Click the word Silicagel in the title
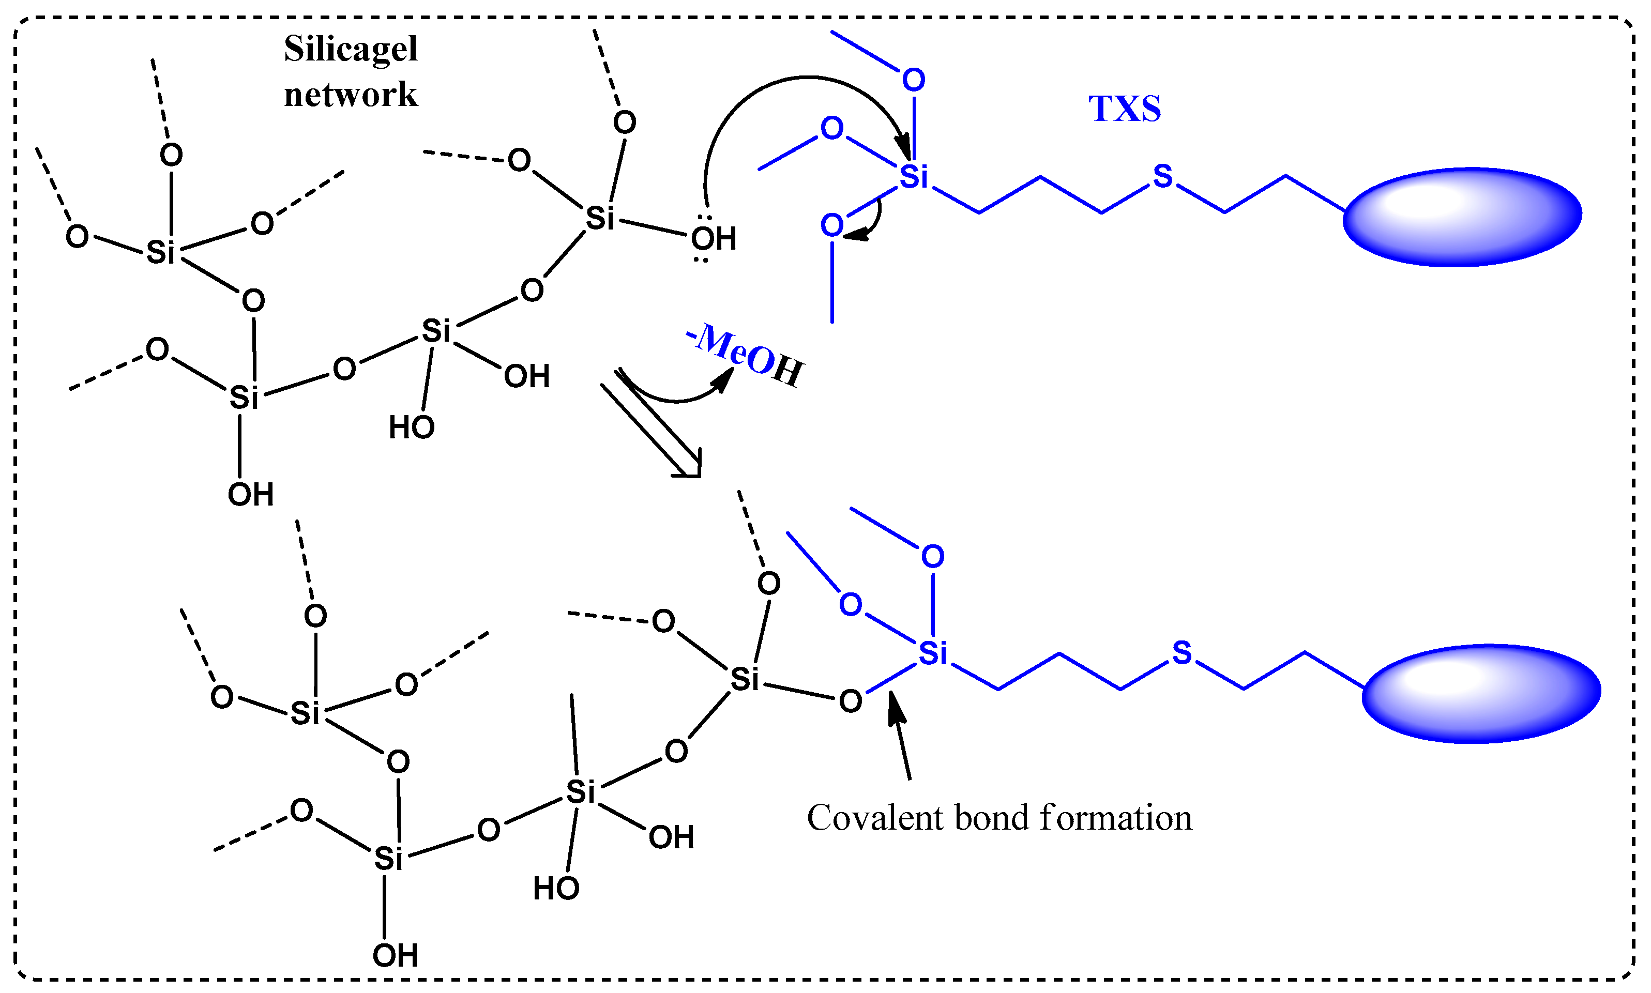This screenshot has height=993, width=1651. tap(351, 49)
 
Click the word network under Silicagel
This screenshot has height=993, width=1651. tap(351, 95)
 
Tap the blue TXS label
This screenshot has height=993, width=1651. tap(1124, 109)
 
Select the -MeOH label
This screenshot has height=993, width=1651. tap(745, 355)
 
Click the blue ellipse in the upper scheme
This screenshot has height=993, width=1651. tap(1462, 217)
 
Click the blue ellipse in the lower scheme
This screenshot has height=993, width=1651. tap(1481, 694)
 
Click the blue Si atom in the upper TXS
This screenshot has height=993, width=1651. tap(914, 177)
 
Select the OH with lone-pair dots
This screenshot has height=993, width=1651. tap(714, 239)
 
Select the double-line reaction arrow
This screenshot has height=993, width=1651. tap(653, 425)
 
